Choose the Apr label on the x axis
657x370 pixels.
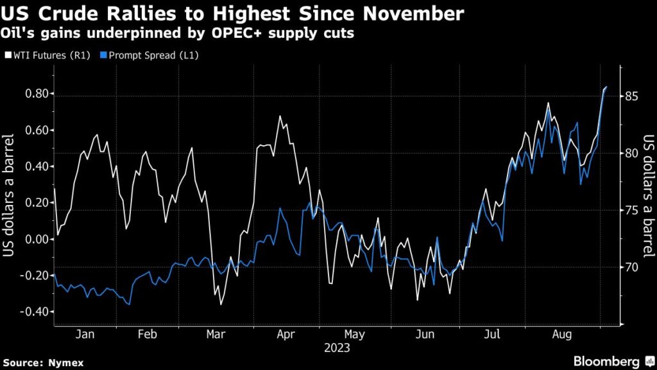pyautogui.click(x=284, y=335)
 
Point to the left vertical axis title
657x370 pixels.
pyautogui.click(x=10, y=195)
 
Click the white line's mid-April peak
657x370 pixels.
pyautogui.click(x=280, y=116)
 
